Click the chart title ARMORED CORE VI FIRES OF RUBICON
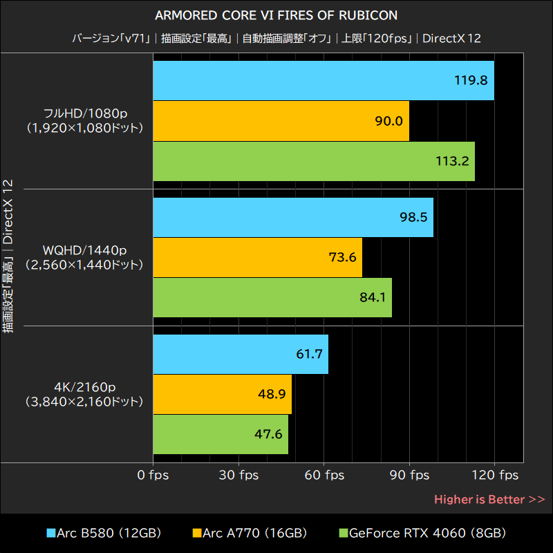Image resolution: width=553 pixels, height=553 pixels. [276, 15]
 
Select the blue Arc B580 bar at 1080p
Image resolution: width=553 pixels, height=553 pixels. [323, 80]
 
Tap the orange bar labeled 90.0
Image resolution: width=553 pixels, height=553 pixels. [281, 121]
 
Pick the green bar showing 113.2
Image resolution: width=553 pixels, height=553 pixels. [313, 161]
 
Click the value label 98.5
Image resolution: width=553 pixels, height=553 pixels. [413, 217]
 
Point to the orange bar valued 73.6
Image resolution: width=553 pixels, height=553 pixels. [257, 257]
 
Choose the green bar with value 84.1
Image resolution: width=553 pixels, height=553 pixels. [272, 298]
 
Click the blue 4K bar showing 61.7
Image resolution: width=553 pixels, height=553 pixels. [241, 354]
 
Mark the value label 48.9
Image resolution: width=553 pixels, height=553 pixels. [271, 394]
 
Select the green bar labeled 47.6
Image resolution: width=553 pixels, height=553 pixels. [221, 435]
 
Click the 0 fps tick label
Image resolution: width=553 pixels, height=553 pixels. [153, 475]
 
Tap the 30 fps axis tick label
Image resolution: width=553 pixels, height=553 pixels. [239, 475]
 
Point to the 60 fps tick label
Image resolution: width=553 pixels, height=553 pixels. [324, 475]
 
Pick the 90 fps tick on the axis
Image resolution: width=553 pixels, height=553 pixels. [410, 475]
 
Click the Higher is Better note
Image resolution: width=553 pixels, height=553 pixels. [489, 499]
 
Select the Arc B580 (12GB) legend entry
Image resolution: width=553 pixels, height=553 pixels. [104, 533]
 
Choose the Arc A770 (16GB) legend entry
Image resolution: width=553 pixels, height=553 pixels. [250, 533]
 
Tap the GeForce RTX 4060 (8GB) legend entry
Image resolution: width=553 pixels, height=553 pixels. [422, 533]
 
